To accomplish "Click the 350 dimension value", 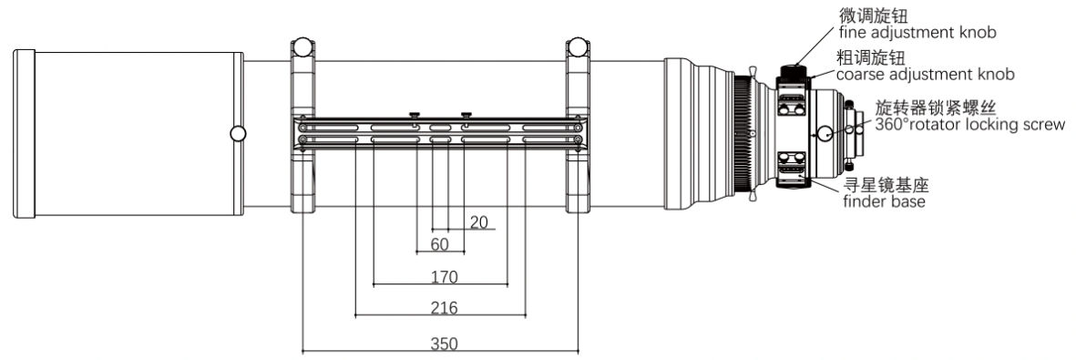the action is [444, 343].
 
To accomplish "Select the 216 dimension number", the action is [444, 308].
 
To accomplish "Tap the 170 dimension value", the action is [444, 277].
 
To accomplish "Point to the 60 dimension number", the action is [439, 244].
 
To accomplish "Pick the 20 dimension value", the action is [479, 221].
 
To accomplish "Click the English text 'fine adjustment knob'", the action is [917, 32].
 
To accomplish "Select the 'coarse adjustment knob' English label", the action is [925, 74].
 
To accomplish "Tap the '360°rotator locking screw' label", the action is [969, 124].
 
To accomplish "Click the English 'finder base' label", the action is [884, 201].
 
